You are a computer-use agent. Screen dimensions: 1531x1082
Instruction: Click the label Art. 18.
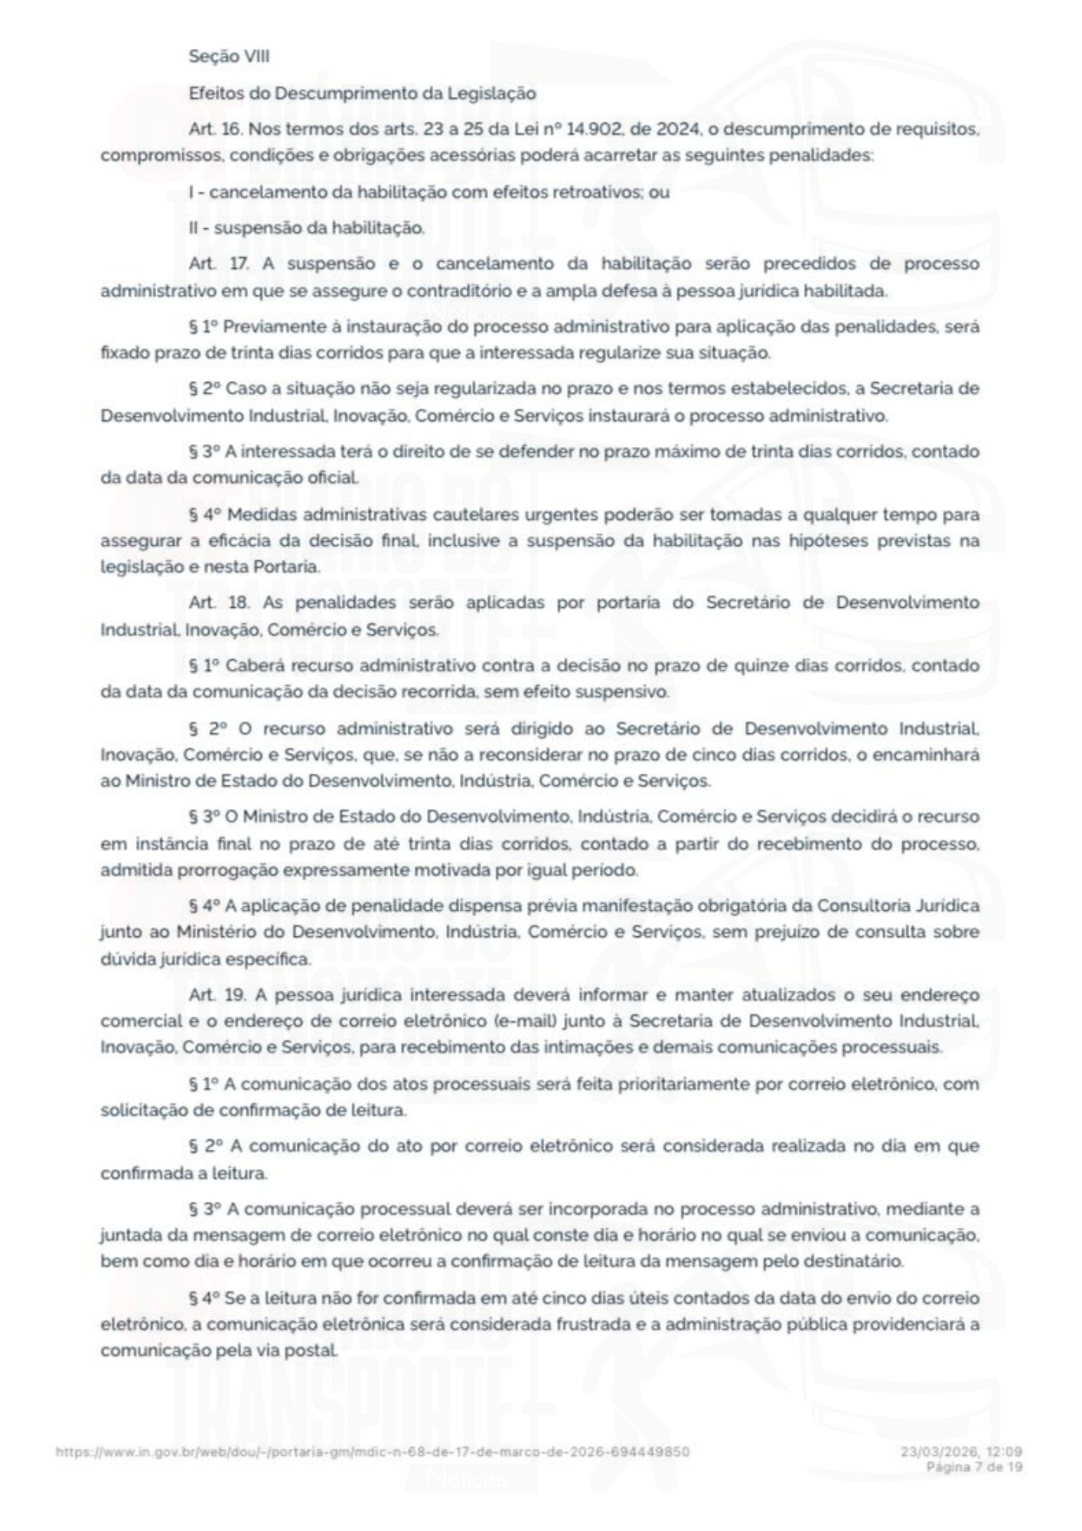[217, 602]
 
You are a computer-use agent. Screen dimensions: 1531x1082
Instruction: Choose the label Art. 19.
[214, 995]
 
